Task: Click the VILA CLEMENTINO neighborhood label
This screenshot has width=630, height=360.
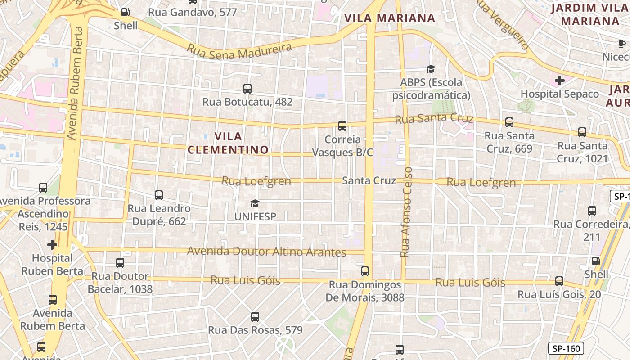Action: click(228, 143)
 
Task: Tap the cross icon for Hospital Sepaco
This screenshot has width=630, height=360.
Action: click(560, 81)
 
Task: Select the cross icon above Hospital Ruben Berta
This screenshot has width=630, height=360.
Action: click(52, 245)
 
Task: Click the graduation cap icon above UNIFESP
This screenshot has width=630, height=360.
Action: click(255, 203)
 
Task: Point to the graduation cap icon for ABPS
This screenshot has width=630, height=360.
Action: click(431, 69)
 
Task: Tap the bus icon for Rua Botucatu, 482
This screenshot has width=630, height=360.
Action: click(247, 88)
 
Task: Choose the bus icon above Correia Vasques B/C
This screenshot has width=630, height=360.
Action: click(342, 126)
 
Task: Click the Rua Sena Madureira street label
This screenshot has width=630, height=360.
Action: click(239, 51)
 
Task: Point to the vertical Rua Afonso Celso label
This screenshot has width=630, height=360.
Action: click(406, 211)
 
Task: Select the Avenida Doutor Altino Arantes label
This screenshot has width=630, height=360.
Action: click(266, 252)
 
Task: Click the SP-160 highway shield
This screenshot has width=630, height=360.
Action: click(566, 348)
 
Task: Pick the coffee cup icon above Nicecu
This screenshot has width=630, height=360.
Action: click(621, 44)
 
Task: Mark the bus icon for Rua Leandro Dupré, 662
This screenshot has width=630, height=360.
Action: click(159, 195)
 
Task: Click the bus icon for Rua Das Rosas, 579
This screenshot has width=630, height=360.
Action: click(255, 317)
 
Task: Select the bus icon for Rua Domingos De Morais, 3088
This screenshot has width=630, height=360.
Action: click(365, 271)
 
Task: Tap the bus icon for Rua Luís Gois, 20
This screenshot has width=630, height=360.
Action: click(559, 281)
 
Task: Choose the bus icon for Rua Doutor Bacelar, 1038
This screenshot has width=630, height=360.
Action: click(120, 263)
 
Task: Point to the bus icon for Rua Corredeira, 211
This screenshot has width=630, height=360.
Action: click(592, 211)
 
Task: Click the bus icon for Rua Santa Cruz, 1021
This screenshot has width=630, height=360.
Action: click(582, 132)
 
